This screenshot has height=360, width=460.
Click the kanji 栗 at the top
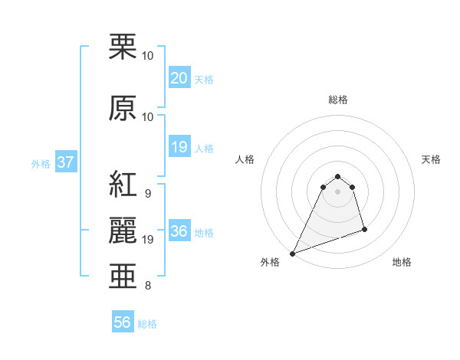click(x=123, y=47)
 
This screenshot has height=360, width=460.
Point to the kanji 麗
click(x=123, y=231)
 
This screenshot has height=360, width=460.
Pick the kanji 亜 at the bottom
click(x=123, y=277)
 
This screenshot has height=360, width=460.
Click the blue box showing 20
click(x=179, y=78)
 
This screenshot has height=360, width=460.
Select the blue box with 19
click(x=179, y=147)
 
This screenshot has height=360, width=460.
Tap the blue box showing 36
click(x=179, y=231)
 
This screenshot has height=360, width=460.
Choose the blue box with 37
click(x=65, y=162)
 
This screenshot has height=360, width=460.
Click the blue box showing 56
click(x=123, y=322)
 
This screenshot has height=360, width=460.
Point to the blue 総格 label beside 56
click(x=147, y=324)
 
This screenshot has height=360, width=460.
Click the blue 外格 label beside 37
click(x=41, y=163)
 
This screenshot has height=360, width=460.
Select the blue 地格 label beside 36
click(x=204, y=233)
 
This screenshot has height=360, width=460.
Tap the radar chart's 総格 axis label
click(x=338, y=100)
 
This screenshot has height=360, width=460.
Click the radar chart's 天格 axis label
click(x=431, y=159)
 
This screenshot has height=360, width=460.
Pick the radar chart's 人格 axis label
click(x=245, y=159)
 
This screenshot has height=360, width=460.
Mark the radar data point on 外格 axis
click(x=292, y=253)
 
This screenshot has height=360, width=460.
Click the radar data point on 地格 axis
click(x=364, y=229)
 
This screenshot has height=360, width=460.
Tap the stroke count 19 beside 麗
click(x=148, y=240)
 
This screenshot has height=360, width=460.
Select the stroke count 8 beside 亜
click(x=147, y=286)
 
